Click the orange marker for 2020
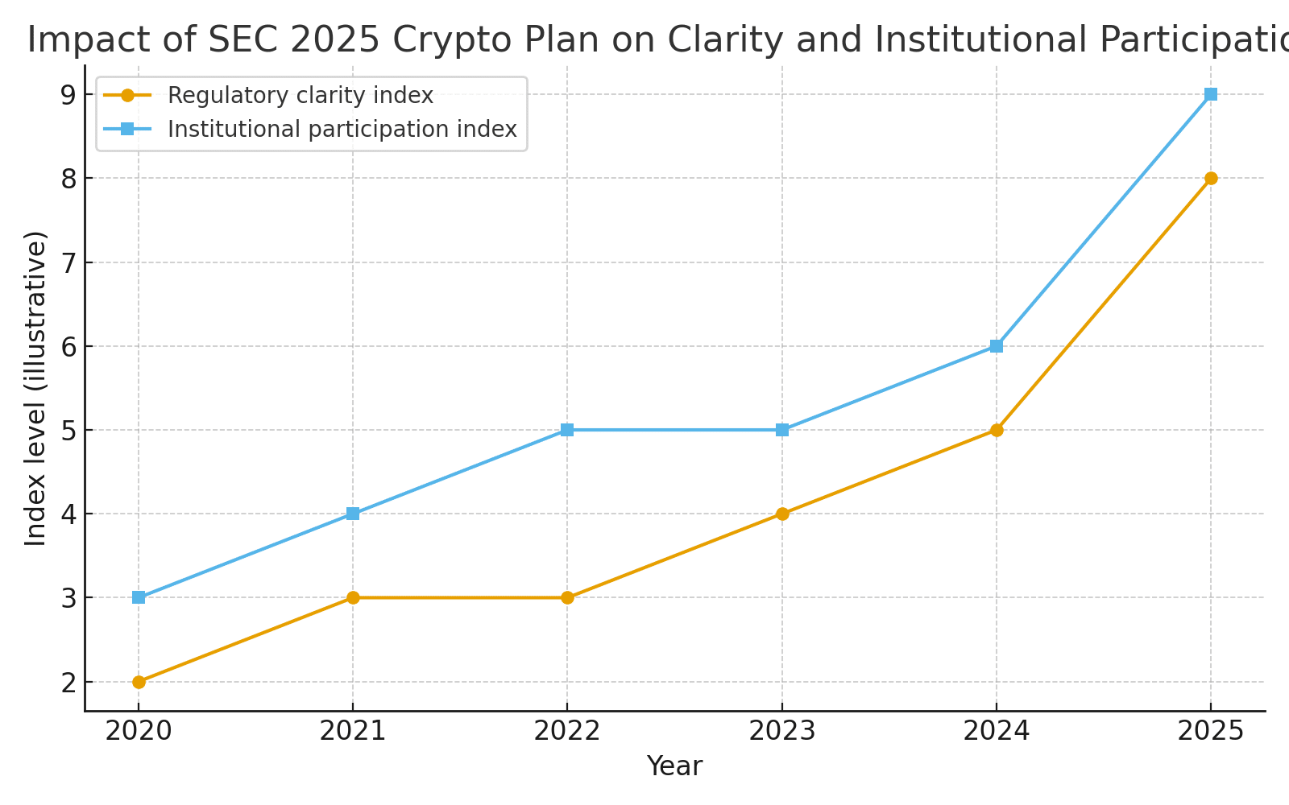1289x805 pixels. pos(139,682)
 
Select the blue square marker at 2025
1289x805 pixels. pos(1211,94)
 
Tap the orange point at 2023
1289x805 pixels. pos(782,514)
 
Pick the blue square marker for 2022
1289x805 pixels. pos(567,430)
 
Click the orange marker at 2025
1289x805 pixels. pos(1211,178)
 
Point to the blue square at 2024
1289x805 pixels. pos(997,346)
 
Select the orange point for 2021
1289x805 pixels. pos(353,597)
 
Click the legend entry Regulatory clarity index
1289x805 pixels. pos(300,96)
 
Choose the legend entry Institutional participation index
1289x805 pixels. pos(342,130)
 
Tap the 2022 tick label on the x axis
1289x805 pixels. pos(567,731)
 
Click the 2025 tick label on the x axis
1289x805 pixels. pos(1211,731)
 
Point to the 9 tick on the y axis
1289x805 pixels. pos(68,94)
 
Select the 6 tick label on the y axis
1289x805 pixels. pos(68,346)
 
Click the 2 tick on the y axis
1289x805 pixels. pos(68,682)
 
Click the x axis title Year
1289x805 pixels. pos(674,766)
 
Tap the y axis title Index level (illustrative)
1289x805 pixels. pos(35,388)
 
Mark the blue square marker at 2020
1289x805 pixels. pos(139,597)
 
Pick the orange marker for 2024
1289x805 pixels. pos(997,430)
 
